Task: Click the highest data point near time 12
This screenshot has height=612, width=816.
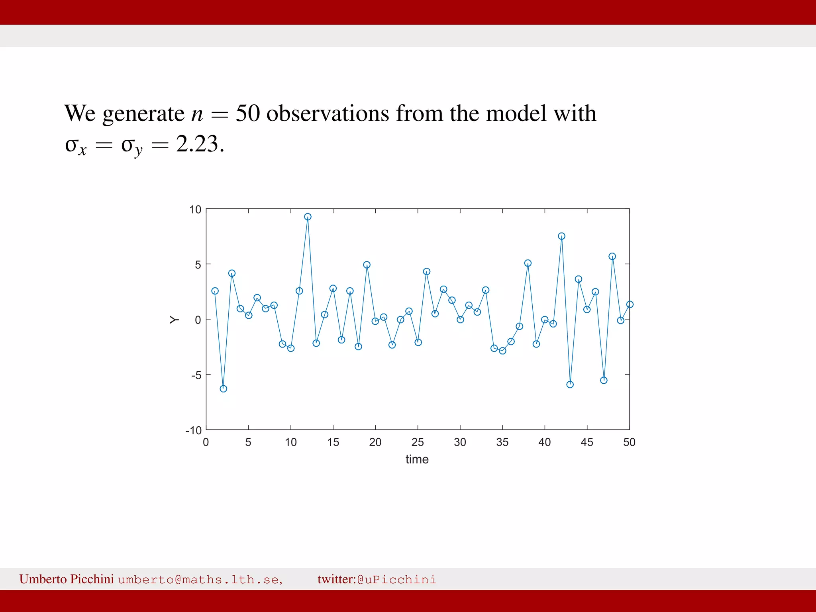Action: pyautogui.click(x=308, y=217)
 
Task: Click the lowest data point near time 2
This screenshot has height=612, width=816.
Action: pyautogui.click(x=223, y=388)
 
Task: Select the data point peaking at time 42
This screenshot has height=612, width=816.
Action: pyautogui.click(x=561, y=236)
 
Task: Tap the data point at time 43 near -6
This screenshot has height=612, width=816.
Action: pyautogui.click(x=570, y=384)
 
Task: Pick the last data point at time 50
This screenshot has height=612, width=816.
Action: pyautogui.click(x=630, y=304)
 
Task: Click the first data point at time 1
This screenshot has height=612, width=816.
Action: pyautogui.click(x=215, y=291)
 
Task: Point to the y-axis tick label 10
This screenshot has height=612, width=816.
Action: pyautogui.click(x=195, y=210)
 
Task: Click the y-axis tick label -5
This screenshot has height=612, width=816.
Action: pyautogui.click(x=196, y=375)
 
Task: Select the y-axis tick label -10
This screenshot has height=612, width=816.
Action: pyautogui.click(x=194, y=431)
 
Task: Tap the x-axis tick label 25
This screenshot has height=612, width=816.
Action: pyautogui.click(x=418, y=442)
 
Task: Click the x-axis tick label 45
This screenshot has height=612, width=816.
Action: pyautogui.click(x=586, y=442)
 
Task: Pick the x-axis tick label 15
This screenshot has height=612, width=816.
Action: pyautogui.click(x=333, y=442)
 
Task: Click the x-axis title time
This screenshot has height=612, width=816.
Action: pyautogui.click(x=417, y=459)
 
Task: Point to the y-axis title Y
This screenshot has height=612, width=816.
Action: pyautogui.click(x=174, y=320)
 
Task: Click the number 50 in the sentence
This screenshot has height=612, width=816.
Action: pyautogui.click(x=248, y=114)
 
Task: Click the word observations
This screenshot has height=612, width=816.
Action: pyautogui.click(x=328, y=114)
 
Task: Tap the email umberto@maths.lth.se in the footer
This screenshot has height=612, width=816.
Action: pyautogui.click(x=200, y=579)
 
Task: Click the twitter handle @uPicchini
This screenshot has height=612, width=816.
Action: pyautogui.click(x=396, y=579)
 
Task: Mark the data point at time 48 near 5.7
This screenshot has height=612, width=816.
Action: pyautogui.click(x=612, y=256)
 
